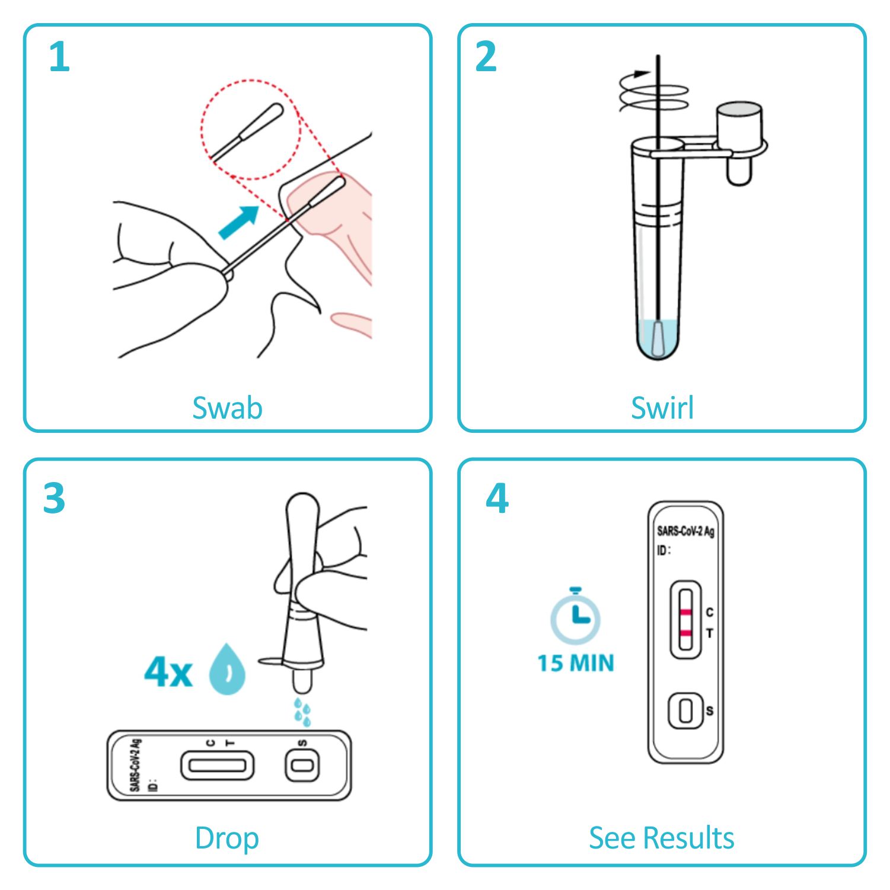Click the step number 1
(59, 57)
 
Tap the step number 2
(486, 57)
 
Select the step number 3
(54, 498)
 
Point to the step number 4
(497, 498)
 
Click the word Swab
(227, 408)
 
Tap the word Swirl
(662, 408)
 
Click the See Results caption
(662, 838)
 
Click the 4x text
(168, 672)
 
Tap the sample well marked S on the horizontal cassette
(302, 765)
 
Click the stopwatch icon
(575, 616)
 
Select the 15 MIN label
(576, 663)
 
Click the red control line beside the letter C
(685, 612)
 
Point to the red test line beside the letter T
(685, 633)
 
